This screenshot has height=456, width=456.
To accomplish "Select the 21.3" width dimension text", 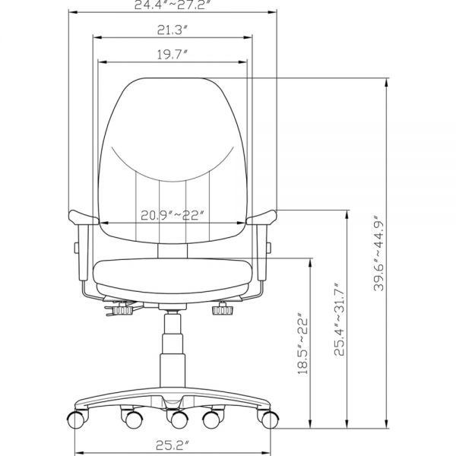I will [x=173, y=30].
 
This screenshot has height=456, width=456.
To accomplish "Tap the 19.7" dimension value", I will [x=173, y=55].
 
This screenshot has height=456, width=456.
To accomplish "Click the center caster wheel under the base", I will [x=178, y=419].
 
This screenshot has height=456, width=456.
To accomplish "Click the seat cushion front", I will [x=173, y=273].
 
